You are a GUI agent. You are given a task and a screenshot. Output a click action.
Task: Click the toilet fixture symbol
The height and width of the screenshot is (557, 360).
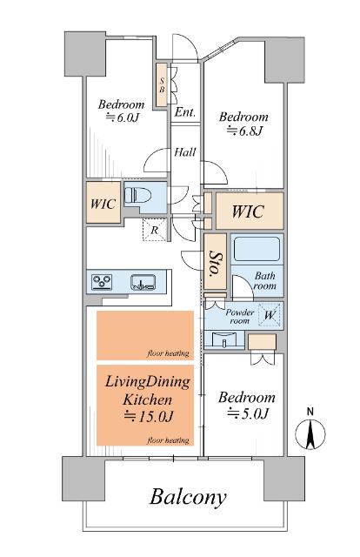(137, 195)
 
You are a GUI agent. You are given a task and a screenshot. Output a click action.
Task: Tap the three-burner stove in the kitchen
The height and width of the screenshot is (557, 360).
(102, 282)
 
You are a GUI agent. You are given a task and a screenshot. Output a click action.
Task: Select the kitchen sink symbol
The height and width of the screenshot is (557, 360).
(143, 282)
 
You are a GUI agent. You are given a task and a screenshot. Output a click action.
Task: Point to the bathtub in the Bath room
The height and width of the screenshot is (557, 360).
(257, 249)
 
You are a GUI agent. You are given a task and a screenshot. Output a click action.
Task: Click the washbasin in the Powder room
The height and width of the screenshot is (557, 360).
(224, 339)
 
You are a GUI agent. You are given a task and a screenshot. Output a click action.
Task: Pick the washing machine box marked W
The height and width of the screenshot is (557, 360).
(270, 315)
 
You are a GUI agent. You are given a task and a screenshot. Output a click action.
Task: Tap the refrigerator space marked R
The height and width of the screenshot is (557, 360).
(155, 230)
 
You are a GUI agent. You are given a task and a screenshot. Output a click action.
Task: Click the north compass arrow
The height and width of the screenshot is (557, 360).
(310, 434)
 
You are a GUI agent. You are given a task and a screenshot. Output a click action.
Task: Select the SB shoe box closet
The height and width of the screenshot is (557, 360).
(162, 85)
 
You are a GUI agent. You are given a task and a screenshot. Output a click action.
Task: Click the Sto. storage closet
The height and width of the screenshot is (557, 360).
(215, 261)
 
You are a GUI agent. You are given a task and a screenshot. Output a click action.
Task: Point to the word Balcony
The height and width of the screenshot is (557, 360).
(188, 497)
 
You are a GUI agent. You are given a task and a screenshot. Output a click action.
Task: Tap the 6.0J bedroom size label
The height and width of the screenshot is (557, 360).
(123, 117)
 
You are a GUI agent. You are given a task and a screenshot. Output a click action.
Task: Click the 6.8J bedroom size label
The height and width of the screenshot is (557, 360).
(245, 131)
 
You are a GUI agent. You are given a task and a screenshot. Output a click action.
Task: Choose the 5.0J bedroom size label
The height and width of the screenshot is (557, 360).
(249, 413)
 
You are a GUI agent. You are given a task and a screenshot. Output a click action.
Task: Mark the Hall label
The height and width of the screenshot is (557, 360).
(185, 152)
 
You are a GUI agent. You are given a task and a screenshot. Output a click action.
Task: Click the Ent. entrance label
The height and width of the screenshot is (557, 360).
(185, 112)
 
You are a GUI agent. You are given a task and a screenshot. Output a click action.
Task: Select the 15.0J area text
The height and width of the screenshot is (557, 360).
(149, 416)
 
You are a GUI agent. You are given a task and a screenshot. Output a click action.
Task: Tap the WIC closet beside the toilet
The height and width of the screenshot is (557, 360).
(103, 203)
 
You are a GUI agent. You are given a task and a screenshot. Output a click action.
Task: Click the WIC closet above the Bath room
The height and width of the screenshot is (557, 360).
(250, 211)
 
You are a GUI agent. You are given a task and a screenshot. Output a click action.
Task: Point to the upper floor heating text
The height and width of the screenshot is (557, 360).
(168, 353)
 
